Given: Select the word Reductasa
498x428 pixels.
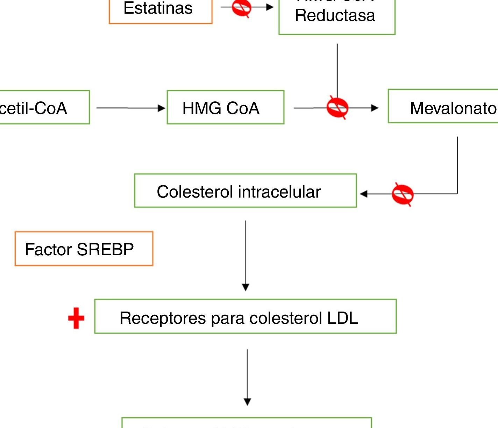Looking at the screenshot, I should (x=335, y=16).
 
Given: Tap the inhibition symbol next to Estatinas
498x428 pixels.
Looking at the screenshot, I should (x=241, y=7).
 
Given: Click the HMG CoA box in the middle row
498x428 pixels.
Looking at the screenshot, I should (x=225, y=107).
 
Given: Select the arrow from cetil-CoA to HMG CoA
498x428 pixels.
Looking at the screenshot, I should (x=130, y=108).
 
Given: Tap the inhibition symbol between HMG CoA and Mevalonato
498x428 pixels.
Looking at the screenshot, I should (x=337, y=108).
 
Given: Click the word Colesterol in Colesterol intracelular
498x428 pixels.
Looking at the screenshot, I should (x=194, y=192).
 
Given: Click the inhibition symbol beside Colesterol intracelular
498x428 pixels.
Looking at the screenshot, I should (x=402, y=194).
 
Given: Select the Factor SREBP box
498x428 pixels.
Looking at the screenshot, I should (x=84, y=249).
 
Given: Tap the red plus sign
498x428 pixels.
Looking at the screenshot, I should (x=76, y=318).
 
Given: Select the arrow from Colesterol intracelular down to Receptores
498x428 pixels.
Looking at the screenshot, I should (x=246, y=255).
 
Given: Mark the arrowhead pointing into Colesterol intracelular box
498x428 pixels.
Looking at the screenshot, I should (x=364, y=194).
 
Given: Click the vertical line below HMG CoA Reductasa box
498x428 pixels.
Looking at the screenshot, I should (x=337, y=70).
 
